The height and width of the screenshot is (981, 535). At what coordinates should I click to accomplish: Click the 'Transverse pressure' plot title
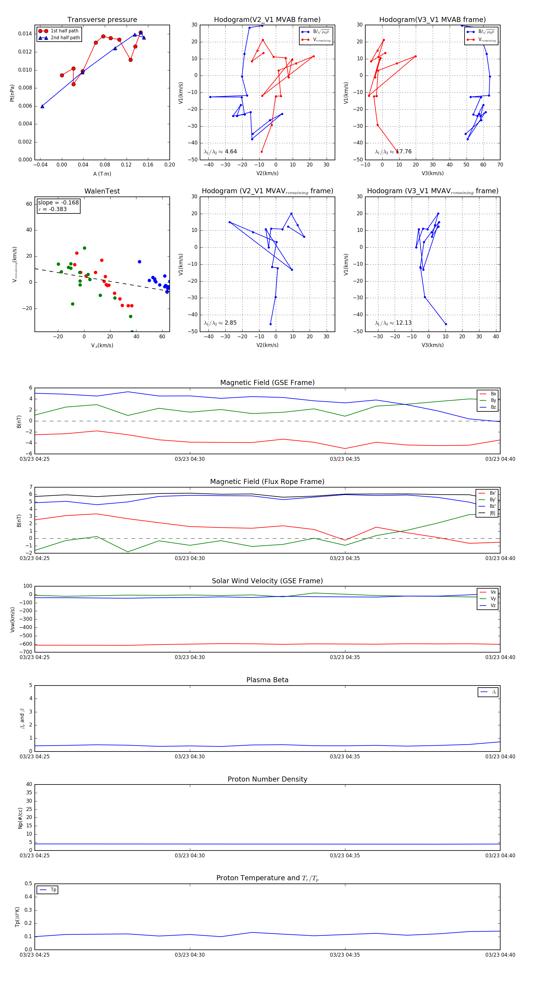(102, 20)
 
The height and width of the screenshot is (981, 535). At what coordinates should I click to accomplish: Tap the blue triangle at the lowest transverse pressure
(42, 106)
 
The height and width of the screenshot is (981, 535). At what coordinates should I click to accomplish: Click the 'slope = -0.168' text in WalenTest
(58, 203)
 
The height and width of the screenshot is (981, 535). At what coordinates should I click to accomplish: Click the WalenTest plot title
(102, 191)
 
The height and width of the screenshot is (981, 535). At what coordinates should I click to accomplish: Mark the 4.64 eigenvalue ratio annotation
(231, 152)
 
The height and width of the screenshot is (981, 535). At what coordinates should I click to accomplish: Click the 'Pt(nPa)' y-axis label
(12, 93)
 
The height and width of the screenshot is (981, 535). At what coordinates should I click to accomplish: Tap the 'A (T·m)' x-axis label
(102, 174)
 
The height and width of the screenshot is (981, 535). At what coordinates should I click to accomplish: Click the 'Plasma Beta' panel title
(267, 680)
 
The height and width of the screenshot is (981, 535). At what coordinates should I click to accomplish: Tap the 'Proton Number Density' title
(267, 779)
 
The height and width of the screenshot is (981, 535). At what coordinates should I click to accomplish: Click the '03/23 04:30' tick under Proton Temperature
(190, 955)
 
